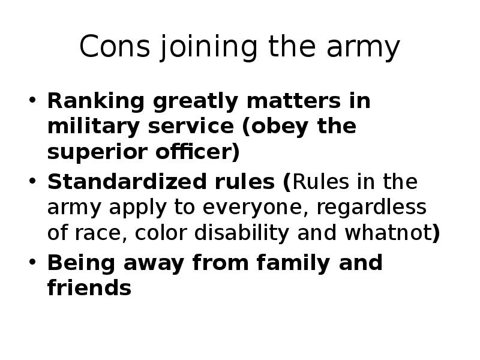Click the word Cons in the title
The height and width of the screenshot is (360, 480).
coord(115,46)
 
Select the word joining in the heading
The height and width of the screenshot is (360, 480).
coord(208,47)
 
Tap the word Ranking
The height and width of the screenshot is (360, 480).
coord(96,101)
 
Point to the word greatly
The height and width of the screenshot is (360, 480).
coord(196,101)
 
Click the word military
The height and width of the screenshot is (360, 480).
coord(94,127)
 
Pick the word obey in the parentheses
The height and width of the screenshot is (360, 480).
coord(275,127)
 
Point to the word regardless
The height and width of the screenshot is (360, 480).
coord(371,208)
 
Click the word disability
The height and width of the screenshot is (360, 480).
coord(242,233)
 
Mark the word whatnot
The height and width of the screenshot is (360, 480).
coord(388,233)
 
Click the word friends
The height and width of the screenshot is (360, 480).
coord(89,287)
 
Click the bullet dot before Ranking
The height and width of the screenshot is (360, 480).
coord(32,100)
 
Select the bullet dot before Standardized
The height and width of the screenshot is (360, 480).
coord(32,181)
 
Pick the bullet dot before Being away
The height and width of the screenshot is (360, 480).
coord(32,262)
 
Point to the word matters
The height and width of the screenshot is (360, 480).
coord(293,101)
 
